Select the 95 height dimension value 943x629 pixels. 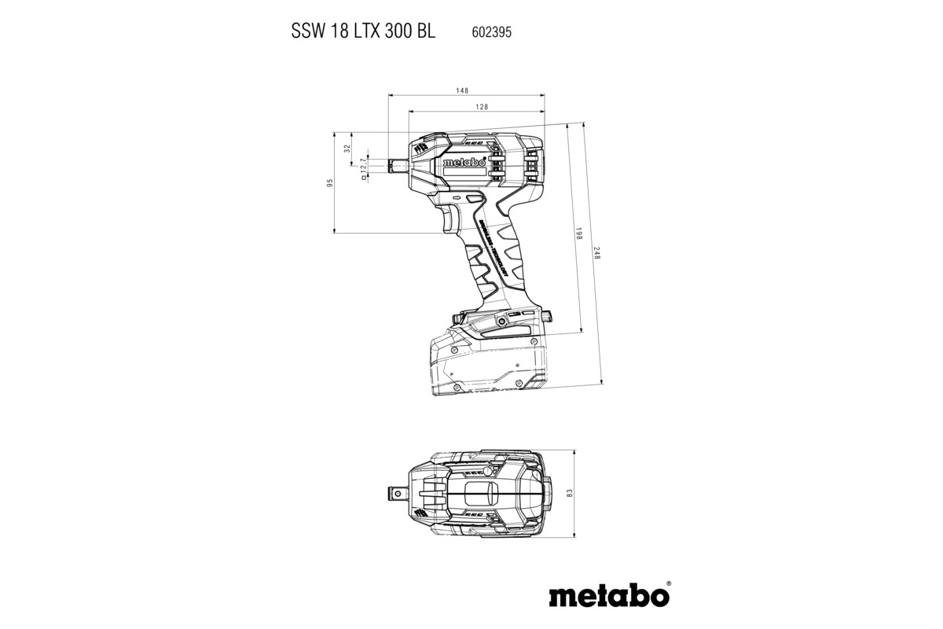[331, 182]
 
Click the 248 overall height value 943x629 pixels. [597, 254]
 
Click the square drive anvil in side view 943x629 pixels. [398, 166]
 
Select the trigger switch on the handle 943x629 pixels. [452, 220]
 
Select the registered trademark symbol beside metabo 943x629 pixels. [669, 584]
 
